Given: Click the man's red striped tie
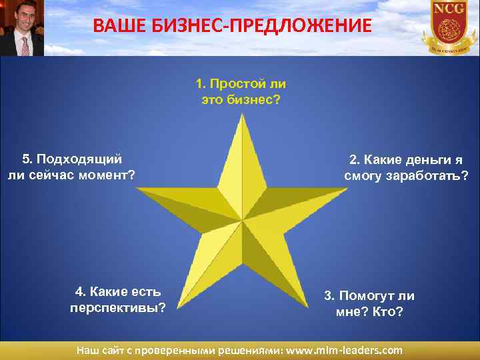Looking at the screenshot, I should pyautogui.click(x=25, y=45).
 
